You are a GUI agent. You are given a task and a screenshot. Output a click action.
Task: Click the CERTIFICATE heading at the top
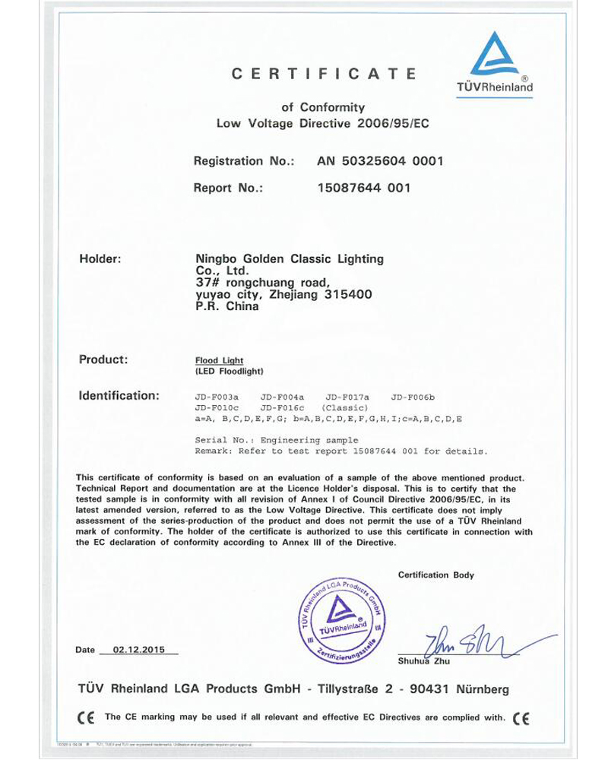click(x=324, y=74)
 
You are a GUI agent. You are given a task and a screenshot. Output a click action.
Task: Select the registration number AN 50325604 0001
click(x=379, y=161)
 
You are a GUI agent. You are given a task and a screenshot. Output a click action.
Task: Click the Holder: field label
click(x=100, y=259)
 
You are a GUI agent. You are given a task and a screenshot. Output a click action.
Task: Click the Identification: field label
click(x=119, y=396)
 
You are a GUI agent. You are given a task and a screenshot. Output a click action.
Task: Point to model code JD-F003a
click(x=217, y=397)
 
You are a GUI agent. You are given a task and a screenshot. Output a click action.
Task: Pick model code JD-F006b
click(x=411, y=397)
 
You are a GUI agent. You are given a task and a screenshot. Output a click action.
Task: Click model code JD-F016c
click(x=282, y=407)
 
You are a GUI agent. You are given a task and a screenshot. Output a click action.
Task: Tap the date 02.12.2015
click(x=138, y=650)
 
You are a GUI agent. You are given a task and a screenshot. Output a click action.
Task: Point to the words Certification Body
click(x=435, y=575)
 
